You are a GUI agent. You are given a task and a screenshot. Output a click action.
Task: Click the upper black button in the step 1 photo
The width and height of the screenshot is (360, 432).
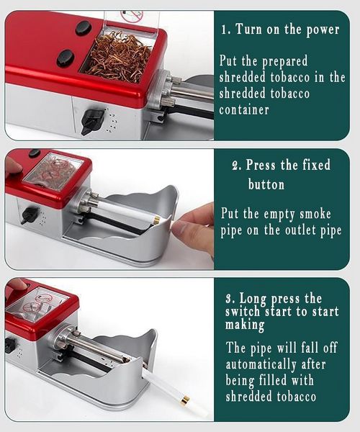pyautogui.click(x=84, y=27)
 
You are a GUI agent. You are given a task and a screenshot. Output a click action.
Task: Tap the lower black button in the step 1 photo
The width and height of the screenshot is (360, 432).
pyautogui.click(x=66, y=58)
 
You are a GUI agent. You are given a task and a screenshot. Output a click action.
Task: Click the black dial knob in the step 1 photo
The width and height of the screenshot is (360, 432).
pyautogui.click(x=92, y=120)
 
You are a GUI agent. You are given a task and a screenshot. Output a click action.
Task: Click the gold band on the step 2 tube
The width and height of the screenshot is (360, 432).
pyautogui.click(x=157, y=220)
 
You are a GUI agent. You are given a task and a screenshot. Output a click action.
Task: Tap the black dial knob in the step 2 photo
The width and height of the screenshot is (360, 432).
pyautogui.click(x=30, y=215)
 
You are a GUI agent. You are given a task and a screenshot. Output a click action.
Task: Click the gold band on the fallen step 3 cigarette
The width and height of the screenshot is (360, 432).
pyautogui.click(x=185, y=400)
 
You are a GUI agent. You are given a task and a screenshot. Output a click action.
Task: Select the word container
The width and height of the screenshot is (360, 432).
pyautogui.click(x=244, y=110)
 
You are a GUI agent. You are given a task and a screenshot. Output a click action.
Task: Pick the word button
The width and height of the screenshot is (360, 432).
pyautogui.click(x=266, y=184)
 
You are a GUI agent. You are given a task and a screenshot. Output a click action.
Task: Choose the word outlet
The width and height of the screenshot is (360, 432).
pyautogui.click(x=301, y=230)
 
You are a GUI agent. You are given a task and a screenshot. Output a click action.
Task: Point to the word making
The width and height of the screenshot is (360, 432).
pyautogui.click(x=245, y=325)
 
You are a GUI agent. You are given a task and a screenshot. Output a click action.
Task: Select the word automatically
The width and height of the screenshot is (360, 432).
pyautogui.click(x=261, y=365)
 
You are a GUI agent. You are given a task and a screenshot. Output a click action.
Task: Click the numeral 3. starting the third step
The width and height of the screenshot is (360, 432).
pyautogui.click(x=230, y=299)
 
